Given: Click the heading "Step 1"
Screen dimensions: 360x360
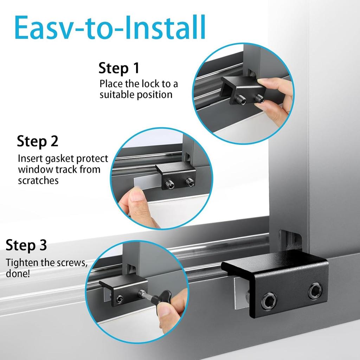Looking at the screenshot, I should click(x=119, y=68).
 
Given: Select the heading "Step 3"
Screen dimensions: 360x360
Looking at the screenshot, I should click(x=26, y=246).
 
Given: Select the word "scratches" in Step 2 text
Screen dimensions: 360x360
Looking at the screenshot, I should click(x=38, y=180).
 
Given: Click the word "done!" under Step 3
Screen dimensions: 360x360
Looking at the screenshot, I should click(x=18, y=274).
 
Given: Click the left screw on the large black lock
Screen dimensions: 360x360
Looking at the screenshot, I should click(x=269, y=301).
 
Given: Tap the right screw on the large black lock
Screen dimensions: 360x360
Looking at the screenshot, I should click(x=315, y=291).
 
